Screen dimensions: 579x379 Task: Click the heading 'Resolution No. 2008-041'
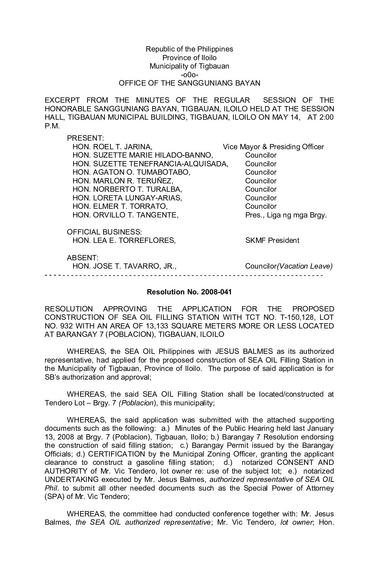coord(189,292)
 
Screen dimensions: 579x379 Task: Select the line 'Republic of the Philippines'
coord(189,49)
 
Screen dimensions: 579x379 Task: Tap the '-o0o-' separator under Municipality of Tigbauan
coord(189,75)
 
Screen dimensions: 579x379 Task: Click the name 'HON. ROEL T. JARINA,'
coord(112,147)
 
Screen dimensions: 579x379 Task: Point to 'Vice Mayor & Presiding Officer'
coord(273,147)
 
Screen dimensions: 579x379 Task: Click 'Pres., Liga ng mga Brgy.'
coord(286,215)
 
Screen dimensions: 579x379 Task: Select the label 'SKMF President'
coord(272,240)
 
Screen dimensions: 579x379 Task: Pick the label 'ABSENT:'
coord(83,258)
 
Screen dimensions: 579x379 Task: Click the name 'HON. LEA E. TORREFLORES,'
coord(124,240)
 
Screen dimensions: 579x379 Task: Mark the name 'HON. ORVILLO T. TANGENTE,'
coord(125,215)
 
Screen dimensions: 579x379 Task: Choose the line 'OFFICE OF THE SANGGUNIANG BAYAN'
coord(189,83)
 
